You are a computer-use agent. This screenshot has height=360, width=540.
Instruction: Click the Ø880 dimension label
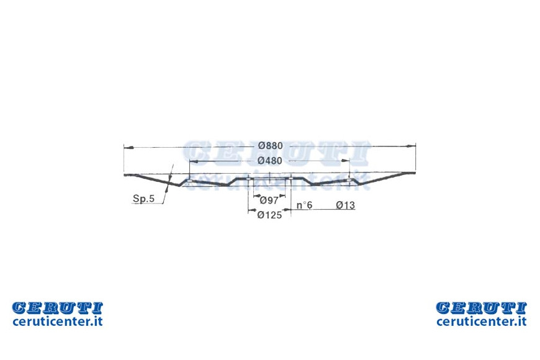[271, 146]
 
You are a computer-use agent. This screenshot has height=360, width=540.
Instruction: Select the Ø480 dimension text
[269, 161]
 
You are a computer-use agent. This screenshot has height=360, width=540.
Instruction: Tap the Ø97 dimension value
[269, 200]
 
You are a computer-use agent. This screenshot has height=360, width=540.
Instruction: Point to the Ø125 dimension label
[269, 215]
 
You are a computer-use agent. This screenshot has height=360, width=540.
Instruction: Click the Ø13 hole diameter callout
[346, 205]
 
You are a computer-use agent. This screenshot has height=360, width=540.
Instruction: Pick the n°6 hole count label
[304, 205]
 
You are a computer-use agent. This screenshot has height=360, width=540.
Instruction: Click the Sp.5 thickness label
[143, 199]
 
